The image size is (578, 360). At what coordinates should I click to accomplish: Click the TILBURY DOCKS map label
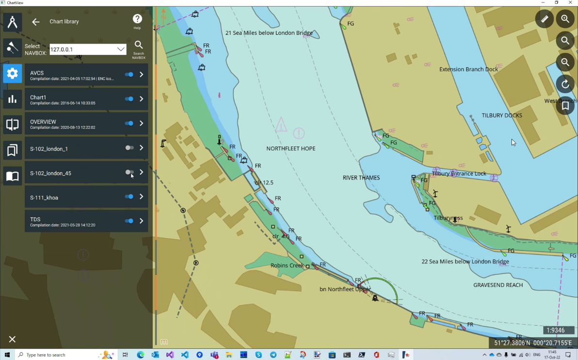501,115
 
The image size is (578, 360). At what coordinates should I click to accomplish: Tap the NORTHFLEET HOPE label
290,148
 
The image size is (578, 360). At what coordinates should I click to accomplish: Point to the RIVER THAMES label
361,178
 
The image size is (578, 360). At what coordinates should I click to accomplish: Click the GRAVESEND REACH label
498,285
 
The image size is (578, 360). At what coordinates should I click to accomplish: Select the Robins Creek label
287,265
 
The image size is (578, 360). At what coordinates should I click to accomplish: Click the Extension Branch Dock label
468,69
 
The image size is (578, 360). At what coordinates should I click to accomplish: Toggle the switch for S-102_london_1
129,147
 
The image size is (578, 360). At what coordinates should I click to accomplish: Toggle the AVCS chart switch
129,74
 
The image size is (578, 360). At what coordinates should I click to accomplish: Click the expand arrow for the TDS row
142,221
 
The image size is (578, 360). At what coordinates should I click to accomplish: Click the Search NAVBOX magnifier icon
139,45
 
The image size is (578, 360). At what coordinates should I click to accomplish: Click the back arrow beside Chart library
35,22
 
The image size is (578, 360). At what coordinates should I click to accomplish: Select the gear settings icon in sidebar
13,74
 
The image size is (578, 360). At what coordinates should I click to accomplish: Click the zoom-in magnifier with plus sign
565,19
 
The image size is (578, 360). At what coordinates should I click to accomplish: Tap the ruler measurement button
545,19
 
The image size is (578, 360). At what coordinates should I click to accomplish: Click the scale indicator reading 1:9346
556,330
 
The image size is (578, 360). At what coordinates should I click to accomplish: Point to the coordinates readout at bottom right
533,343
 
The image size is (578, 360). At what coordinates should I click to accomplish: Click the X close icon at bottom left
12,339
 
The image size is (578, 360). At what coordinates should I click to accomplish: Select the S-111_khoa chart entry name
44,197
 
